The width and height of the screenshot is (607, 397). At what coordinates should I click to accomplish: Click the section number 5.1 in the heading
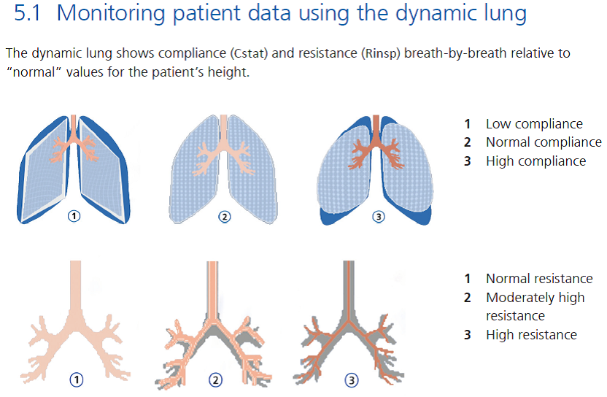pos(30,15)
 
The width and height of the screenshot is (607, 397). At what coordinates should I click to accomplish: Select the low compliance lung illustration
pos(74,168)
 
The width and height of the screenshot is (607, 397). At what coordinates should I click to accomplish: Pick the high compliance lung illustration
pos(376,168)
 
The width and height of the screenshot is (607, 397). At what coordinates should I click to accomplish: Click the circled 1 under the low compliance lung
pos(74,216)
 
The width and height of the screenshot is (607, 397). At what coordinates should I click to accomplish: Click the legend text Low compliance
pos(534,124)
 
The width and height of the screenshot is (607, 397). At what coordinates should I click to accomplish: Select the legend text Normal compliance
pos(544,142)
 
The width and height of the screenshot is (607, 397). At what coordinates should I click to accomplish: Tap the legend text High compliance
pos(536,161)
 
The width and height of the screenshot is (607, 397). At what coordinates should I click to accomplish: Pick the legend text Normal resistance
pos(539,279)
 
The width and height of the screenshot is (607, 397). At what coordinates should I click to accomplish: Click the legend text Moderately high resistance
pos(535,307)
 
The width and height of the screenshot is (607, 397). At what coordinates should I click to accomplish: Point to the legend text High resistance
pos(531,335)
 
